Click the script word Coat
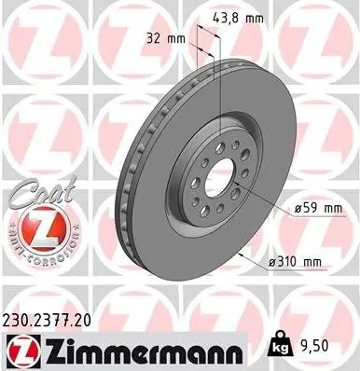pos(35,198)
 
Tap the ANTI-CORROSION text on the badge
pos(35,255)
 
